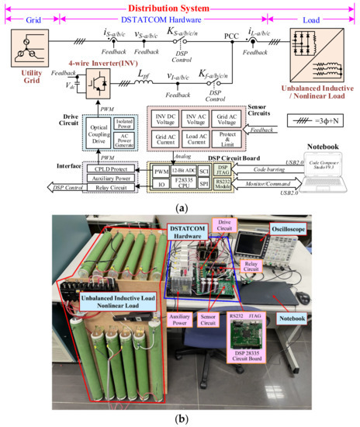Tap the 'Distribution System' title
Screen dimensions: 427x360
(180, 7)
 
